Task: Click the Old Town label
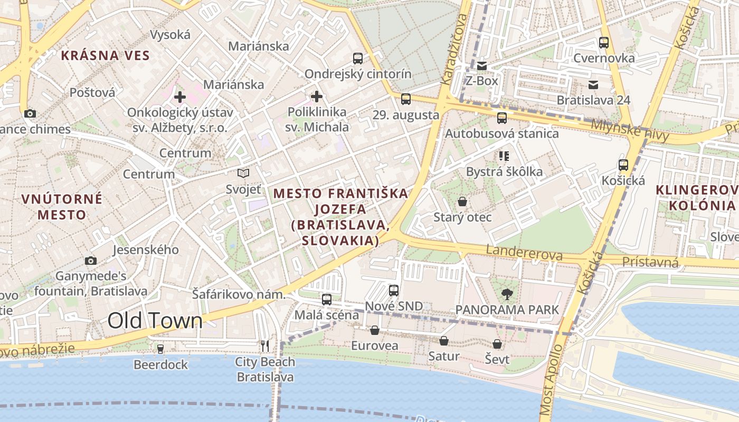(x=155, y=321)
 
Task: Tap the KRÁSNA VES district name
(x=105, y=55)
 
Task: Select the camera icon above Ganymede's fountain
(x=91, y=261)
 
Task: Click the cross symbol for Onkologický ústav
(x=180, y=97)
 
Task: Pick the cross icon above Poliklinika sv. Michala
(x=317, y=97)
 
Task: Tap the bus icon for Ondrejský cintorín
(x=358, y=58)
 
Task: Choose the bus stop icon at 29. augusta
(x=406, y=99)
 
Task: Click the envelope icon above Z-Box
(x=481, y=66)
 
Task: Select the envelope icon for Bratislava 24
(x=593, y=84)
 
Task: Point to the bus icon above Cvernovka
(x=604, y=43)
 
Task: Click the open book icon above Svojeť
(x=243, y=173)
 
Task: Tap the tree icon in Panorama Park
(x=507, y=294)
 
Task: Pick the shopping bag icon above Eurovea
(x=375, y=331)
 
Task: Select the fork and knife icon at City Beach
(x=265, y=346)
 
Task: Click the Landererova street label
(x=524, y=253)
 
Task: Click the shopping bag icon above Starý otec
(x=462, y=202)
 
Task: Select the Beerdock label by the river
(x=160, y=365)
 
